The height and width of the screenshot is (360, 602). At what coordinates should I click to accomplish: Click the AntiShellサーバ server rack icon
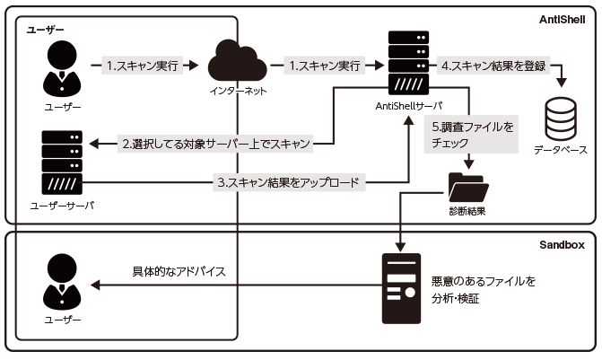(x=407, y=63)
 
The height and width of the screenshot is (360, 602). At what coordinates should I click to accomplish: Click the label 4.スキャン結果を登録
(x=493, y=66)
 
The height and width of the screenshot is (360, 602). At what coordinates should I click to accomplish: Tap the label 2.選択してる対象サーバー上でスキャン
(x=215, y=143)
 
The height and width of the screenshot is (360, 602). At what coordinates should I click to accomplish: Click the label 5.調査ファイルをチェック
(x=471, y=136)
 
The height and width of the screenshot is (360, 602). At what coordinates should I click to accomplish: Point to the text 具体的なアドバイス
(x=179, y=271)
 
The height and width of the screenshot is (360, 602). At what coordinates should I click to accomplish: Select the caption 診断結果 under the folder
(x=467, y=213)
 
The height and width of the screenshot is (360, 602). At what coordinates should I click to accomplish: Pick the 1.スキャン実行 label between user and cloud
(x=144, y=66)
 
